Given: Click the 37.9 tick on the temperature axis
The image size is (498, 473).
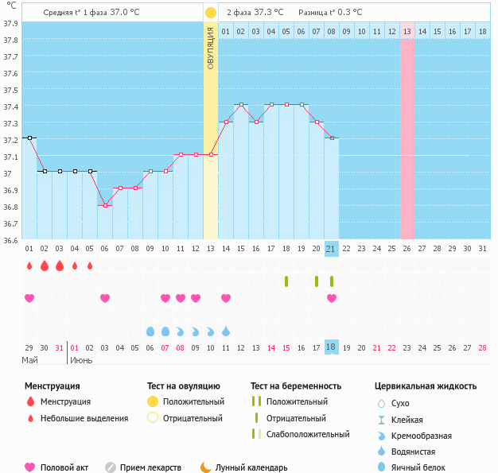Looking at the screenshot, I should tap(10, 23).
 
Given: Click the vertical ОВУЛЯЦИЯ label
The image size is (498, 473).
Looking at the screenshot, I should tap(211, 48).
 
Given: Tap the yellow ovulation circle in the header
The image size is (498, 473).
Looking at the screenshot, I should tap(210, 13).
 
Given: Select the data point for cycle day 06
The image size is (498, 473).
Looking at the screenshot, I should tap(105, 205).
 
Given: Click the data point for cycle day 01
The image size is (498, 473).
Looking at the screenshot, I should tap(29, 138).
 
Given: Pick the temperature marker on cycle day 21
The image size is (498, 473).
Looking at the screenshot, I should tap(332, 138).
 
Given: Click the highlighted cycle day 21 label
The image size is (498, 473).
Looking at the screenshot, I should tap(332, 249).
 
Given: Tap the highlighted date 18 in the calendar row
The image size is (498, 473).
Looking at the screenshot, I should tap(332, 347).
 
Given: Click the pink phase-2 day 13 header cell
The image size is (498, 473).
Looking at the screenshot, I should tap(407, 32).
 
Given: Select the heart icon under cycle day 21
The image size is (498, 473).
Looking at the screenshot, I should tap(332, 298).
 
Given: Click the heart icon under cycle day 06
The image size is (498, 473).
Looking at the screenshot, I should tap(105, 298).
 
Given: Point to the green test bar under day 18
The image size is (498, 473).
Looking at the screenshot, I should tap(286, 281).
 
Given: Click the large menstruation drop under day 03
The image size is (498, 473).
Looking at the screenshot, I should tap(60, 266).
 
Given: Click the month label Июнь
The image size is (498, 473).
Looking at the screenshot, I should tap(80, 360).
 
